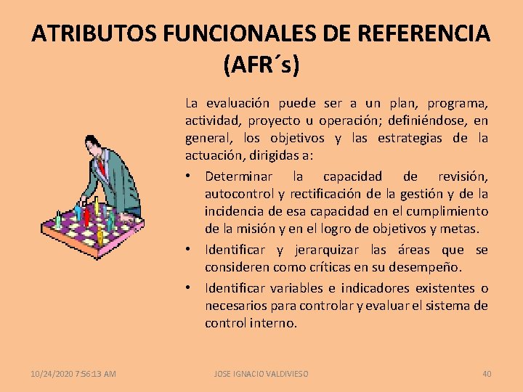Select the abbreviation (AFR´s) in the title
[261, 65]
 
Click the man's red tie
[102, 168]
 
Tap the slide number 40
[487, 374]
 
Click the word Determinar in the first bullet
[239, 176]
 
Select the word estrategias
[411, 138]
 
